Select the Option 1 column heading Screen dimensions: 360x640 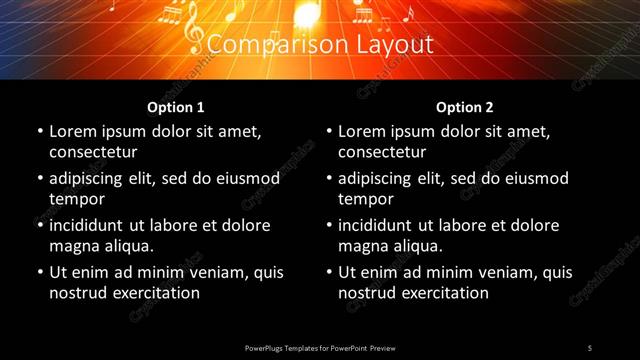click(176, 107)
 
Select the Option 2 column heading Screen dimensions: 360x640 click(465, 107)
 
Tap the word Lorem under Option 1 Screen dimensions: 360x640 click(73, 131)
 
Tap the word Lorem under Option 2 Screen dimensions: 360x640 click(362, 131)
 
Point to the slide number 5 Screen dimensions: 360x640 click(590, 347)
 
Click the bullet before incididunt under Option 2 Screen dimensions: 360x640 click(329, 226)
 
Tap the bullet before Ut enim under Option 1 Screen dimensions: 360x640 click(40, 273)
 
